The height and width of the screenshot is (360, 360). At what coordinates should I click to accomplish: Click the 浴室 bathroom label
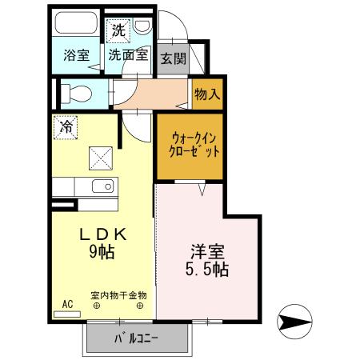(77, 56)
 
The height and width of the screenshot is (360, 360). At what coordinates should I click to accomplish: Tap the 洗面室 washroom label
(128, 56)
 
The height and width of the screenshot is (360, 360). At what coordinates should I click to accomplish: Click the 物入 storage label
(206, 94)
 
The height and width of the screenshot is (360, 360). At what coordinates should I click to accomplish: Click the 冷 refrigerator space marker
(66, 126)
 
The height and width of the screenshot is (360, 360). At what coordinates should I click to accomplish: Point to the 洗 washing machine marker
(118, 32)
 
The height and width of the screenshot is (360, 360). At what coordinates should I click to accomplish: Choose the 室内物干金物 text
(118, 294)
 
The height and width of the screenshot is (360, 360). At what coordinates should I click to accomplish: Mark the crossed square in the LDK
(101, 158)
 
